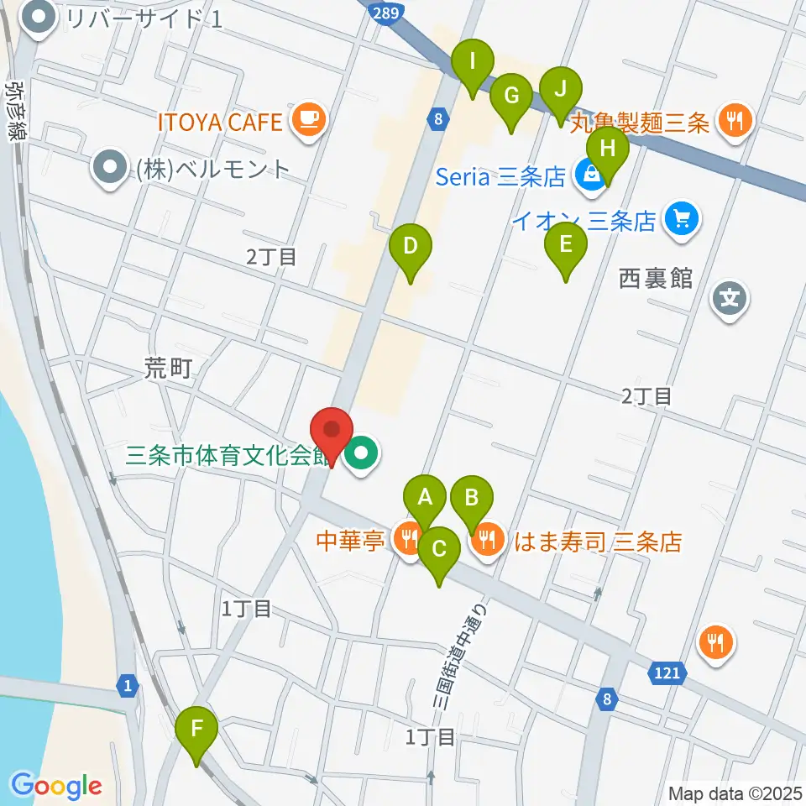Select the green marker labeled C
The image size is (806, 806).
click(x=439, y=552)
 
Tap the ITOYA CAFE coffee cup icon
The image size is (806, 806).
click(x=309, y=119)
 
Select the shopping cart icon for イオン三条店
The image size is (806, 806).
click(x=681, y=220)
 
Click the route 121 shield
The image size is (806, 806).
click(x=668, y=672)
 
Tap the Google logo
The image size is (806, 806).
click(x=57, y=786)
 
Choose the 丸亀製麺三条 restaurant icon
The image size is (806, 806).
click(x=736, y=120)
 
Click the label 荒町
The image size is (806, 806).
click(x=168, y=369)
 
